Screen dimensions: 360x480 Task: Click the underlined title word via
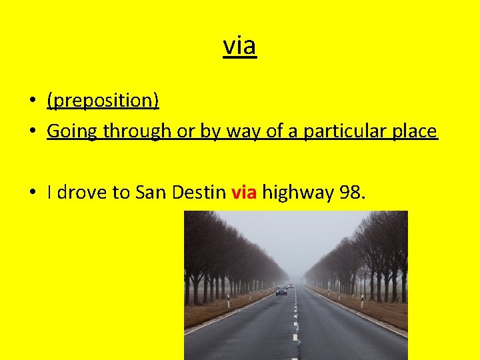(239, 46)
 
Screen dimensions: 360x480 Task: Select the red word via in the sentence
(244, 193)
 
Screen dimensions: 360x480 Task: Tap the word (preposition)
(103, 100)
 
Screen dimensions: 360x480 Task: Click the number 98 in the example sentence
(352, 193)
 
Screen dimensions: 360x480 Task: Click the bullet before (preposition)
(33, 101)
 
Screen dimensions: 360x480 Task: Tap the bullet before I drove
(33, 193)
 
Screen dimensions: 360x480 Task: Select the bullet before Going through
(33, 131)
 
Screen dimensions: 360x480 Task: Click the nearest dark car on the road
(281, 290)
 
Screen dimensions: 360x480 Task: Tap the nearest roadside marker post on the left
(228, 302)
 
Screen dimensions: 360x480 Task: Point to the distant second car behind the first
(291, 285)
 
